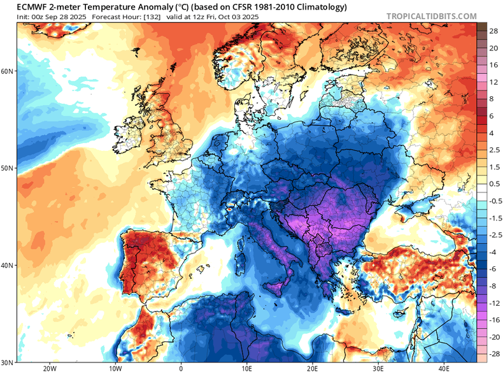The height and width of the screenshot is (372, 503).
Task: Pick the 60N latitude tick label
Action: click(7, 71)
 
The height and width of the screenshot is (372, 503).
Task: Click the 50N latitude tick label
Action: click(7, 168)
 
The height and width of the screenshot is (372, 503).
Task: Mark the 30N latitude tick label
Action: click(7, 362)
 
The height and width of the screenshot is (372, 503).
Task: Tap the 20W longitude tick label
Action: click(49, 368)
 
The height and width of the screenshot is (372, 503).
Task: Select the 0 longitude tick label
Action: click(181, 368)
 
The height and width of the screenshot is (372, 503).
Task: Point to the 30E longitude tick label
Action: click(379, 368)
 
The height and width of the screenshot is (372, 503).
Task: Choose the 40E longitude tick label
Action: click(445, 368)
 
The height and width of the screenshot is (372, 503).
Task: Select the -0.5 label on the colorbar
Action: click(493, 201)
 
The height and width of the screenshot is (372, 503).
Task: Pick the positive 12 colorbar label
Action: click(493, 82)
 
